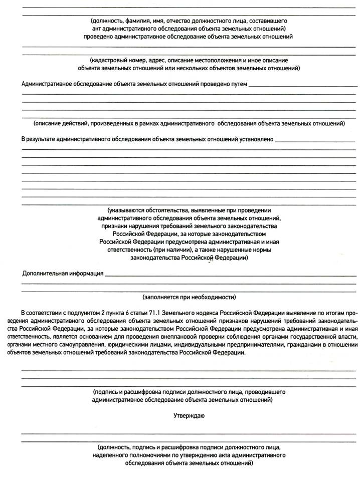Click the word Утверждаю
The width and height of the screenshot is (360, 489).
[189, 415]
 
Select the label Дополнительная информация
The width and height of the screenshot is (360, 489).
[63, 273]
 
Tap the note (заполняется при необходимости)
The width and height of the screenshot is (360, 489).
[189, 297]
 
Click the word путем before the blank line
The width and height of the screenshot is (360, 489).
[238, 83]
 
